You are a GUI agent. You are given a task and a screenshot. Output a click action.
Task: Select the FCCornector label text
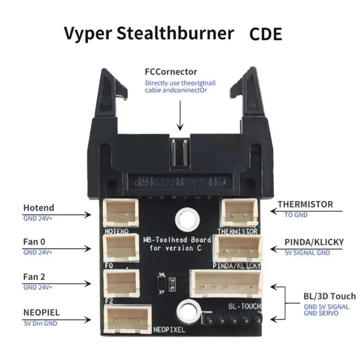pos(171,71)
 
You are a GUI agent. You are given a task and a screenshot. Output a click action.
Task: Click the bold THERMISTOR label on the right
pos(305,205)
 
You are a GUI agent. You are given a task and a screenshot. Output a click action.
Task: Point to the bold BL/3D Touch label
pos(329,296)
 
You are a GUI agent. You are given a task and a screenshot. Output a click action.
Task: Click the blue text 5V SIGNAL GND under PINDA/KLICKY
pos(307,253)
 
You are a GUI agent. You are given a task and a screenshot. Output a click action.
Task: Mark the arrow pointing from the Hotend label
pos(63,216)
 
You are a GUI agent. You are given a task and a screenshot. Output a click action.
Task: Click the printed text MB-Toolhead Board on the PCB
pos(175,240)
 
